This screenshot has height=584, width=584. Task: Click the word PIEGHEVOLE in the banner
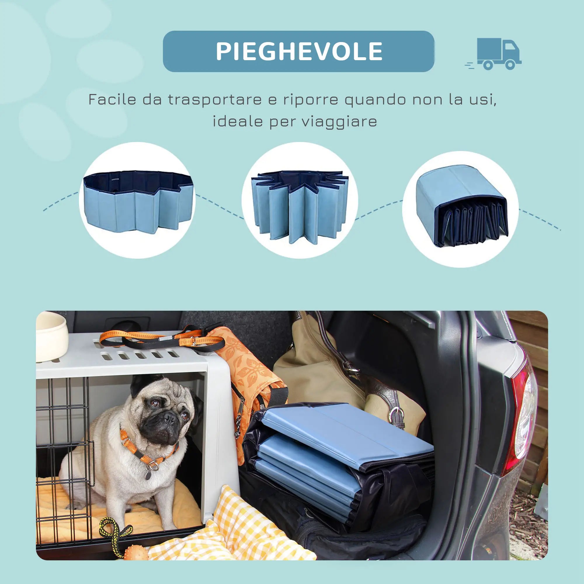(299, 51)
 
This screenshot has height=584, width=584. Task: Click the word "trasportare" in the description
(215, 100)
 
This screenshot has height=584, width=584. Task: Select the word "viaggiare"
(340, 121)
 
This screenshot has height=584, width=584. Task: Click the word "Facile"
(112, 100)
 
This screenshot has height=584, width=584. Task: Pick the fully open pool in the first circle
(138, 201)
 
